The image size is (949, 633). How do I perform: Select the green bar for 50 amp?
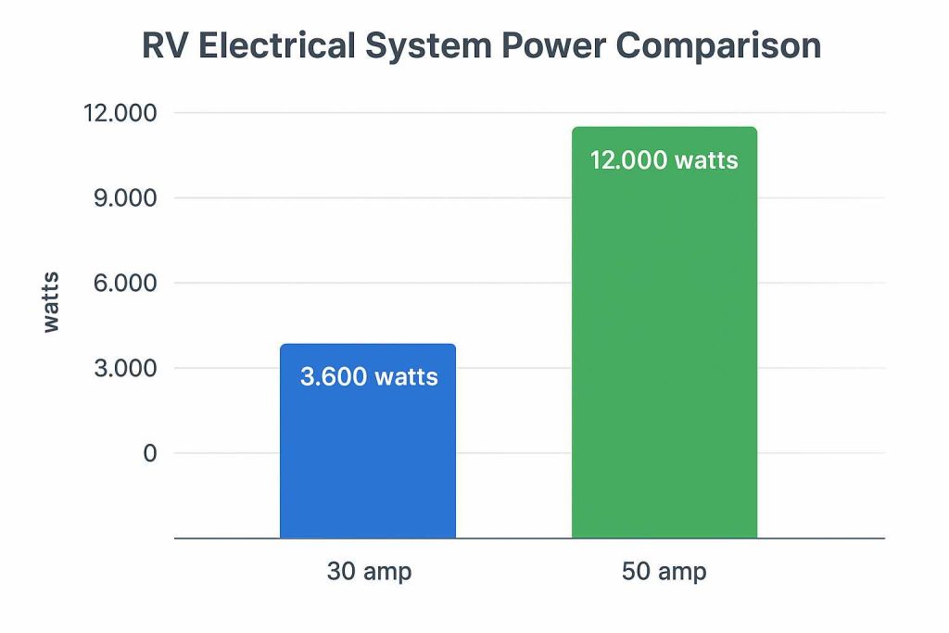coord(664,352)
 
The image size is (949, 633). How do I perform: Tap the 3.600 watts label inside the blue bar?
coord(369,377)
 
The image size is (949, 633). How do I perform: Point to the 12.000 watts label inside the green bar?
coord(664,160)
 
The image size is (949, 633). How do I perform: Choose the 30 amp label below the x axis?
coord(369,572)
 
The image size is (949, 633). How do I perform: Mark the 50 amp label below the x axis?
coord(664,572)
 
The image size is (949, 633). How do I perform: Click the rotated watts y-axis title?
coord(51,302)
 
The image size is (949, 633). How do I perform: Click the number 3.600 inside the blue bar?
coord(332,377)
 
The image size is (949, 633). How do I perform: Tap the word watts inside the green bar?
coord(706,160)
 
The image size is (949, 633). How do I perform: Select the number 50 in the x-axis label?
coord(637,572)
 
